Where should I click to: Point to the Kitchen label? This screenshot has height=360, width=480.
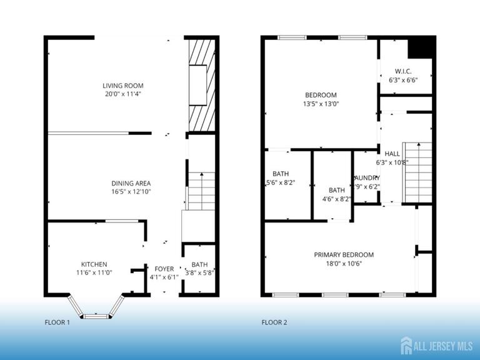click(x=94, y=264)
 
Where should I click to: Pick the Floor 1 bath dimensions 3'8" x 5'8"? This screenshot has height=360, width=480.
click(x=199, y=272)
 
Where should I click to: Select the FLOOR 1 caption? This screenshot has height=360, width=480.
click(x=57, y=322)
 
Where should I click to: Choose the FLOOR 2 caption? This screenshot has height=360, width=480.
click(x=274, y=322)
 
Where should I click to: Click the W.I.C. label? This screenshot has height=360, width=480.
click(x=402, y=71)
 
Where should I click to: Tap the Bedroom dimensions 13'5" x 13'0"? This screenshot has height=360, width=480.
click(x=321, y=104)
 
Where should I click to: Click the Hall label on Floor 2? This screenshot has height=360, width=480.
click(x=392, y=154)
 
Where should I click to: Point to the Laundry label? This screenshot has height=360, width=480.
click(x=367, y=177)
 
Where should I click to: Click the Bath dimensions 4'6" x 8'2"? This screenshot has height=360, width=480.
click(x=336, y=199)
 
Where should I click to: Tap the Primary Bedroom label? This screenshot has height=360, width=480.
click(x=343, y=254)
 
